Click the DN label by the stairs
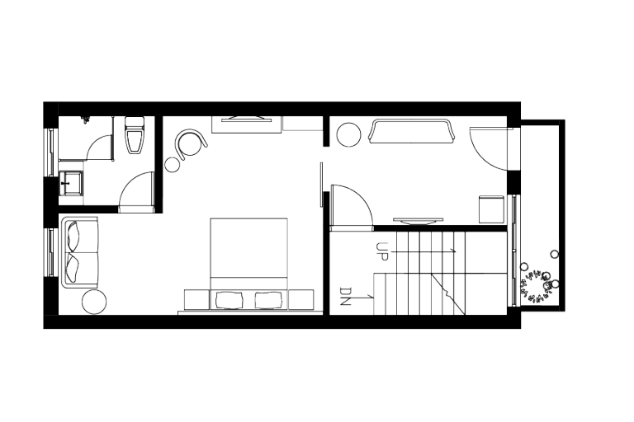click(x=346, y=296)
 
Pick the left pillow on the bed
click(x=228, y=299)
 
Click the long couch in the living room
click(x=410, y=132)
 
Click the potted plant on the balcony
click(x=538, y=284)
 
